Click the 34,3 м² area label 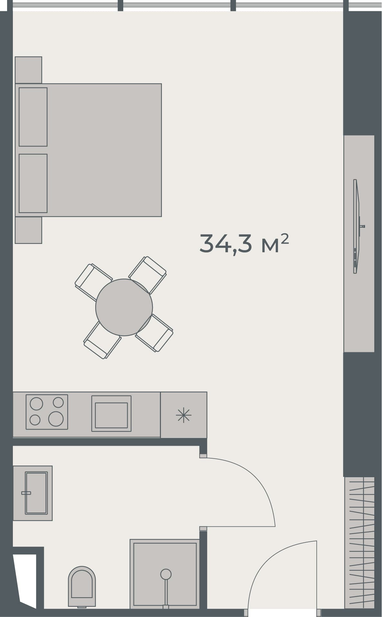tap(244, 244)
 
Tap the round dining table tap(124, 308)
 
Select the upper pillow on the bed tap(33, 117)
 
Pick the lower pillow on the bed tap(33, 183)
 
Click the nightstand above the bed tap(28, 70)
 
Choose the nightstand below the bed tap(28, 230)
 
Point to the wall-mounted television tap(356, 226)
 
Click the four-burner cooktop tap(47, 412)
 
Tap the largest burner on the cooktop tap(56, 419)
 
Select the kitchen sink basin tap(111, 415)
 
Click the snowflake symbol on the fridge tap(183, 415)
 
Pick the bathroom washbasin tap(36, 493)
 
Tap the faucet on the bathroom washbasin tap(26, 493)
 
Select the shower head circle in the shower tap(166, 574)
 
